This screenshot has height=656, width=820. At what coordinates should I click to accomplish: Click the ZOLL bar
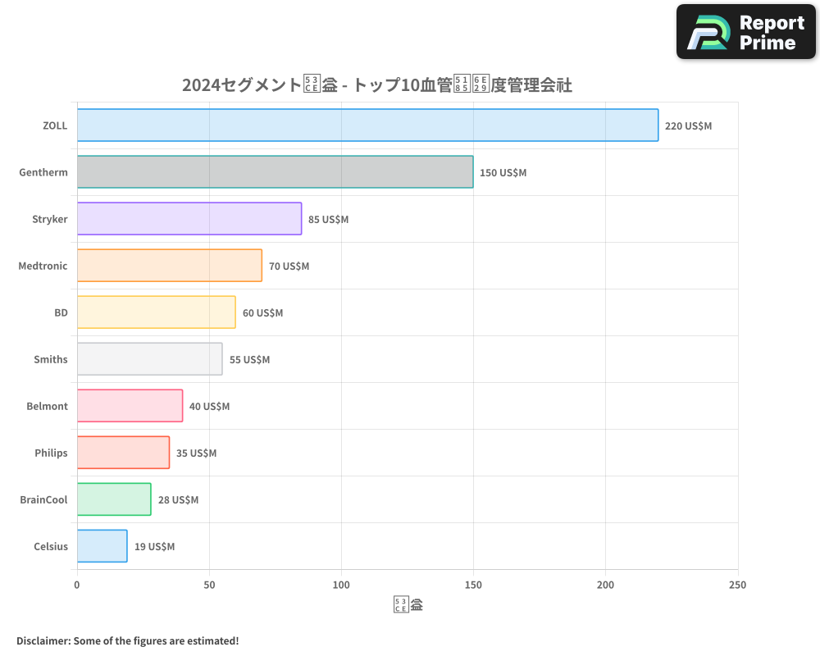click(367, 125)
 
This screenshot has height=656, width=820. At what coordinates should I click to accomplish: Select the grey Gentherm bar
click(275, 172)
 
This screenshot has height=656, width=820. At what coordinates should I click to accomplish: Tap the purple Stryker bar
click(189, 219)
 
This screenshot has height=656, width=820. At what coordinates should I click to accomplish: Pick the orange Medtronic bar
click(170, 266)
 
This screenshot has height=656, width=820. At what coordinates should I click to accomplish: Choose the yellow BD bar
click(157, 312)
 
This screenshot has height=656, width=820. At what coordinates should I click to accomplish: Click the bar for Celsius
click(102, 546)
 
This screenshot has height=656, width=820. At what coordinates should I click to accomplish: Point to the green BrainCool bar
click(114, 499)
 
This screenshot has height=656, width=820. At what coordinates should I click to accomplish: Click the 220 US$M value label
click(689, 126)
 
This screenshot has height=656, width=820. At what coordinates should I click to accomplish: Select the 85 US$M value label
click(329, 220)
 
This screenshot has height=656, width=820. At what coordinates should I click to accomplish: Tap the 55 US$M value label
click(249, 360)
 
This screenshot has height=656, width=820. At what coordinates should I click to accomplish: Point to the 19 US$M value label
click(154, 547)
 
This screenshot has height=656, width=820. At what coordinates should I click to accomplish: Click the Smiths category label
click(51, 360)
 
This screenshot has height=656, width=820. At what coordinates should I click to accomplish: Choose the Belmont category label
click(48, 407)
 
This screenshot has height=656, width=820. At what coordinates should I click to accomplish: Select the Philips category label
click(51, 453)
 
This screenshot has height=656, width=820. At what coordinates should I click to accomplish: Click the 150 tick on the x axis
click(473, 585)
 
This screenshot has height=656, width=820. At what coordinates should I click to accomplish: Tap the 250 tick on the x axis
click(737, 585)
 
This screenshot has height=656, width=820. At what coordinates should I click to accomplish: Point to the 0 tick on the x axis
click(77, 585)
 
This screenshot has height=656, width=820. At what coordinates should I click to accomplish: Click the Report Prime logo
click(746, 33)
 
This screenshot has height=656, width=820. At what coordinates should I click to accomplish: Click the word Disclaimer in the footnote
click(42, 641)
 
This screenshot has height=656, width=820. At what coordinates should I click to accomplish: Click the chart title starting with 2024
click(376, 85)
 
